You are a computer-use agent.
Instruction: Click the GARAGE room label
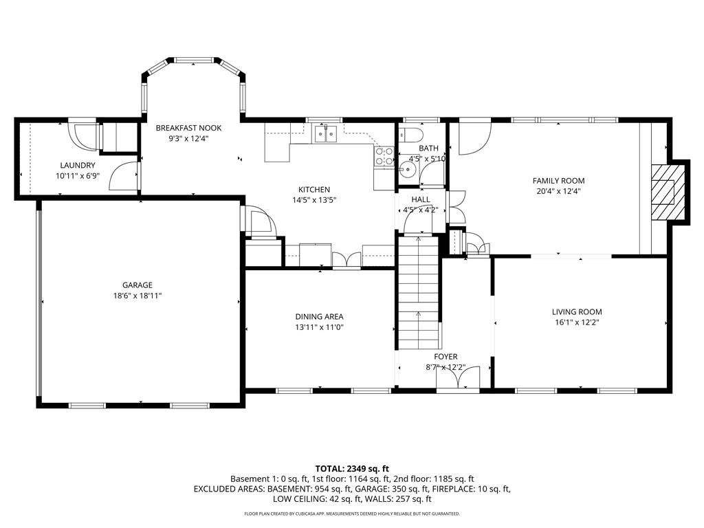(137, 285)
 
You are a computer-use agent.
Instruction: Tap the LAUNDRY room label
(78, 166)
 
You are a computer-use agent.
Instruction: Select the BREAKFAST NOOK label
(188, 128)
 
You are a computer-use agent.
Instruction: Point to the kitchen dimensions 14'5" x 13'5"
(314, 200)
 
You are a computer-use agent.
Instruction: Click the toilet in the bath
(411, 134)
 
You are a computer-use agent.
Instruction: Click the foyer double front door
(458, 379)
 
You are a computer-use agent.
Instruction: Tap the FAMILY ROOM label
(558, 181)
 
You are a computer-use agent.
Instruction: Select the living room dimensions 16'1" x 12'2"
(577, 322)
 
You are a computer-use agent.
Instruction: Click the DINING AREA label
(319, 317)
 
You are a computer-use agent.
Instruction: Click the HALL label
(421, 200)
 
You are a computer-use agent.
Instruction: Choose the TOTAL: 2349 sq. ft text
(351, 468)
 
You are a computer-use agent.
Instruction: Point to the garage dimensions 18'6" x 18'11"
(137, 295)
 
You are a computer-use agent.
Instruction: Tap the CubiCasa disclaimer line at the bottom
(351, 514)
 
